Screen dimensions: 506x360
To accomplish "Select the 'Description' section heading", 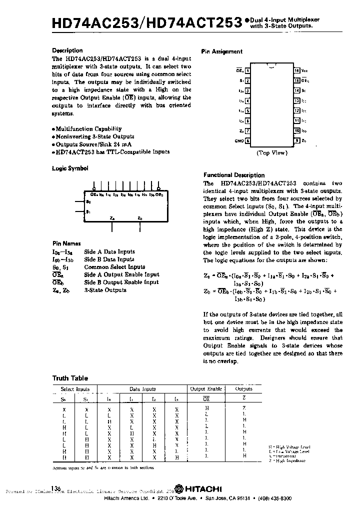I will tap(67, 50).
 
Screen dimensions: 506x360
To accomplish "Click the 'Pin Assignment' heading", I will tap(221, 51).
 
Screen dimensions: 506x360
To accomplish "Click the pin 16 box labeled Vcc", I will tap(296, 71).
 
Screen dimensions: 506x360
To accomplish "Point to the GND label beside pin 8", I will tap(238, 141).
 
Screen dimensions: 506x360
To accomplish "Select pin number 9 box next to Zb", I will tap(296, 141).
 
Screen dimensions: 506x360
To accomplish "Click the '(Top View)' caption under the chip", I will tap(271, 153).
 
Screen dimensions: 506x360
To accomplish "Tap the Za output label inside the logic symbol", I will tap(112, 217).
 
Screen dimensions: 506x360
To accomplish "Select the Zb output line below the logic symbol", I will tap(140, 226).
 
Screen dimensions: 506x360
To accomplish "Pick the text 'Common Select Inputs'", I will tap(114, 267).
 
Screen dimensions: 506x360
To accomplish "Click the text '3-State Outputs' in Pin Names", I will tap(105, 290).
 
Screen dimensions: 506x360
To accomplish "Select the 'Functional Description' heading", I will tap(234, 175).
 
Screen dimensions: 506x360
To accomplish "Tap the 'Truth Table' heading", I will tap(70, 378).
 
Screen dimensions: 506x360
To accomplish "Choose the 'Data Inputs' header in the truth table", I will tap(142, 389).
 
